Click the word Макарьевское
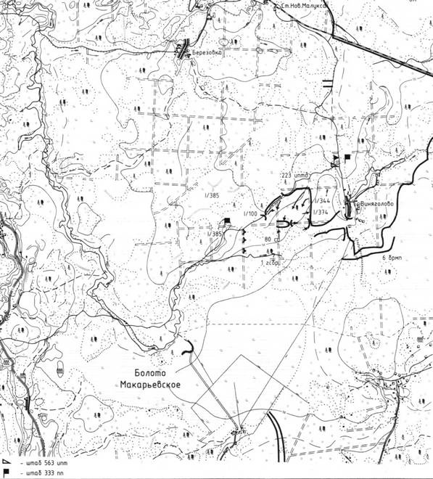click(x=149, y=385)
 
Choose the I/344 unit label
click(x=323, y=201)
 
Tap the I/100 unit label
click(x=252, y=213)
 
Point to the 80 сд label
click(x=272, y=239)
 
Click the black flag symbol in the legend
click(x=5, y=472)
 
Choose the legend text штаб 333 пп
click(x=36, y=472)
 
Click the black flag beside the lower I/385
click(x=227, y=221)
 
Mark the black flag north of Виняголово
click(x=346, y=155)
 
